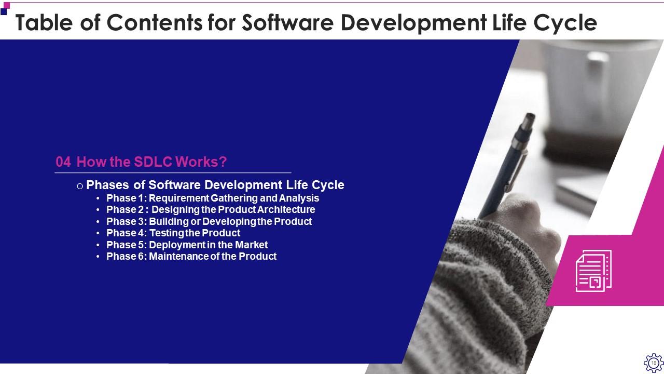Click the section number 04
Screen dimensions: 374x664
[x=63, y=162]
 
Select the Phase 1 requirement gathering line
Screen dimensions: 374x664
[x=213, y=198]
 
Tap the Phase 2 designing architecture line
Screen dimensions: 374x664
[x=211, y=210]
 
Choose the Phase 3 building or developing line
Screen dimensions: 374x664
[x=209, y=221]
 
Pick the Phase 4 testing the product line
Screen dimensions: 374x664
[x=173, y=233]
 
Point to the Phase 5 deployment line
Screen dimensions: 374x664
[x=187, y=245]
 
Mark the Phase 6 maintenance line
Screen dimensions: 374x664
[x=191, y=256]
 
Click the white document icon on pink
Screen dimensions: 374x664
[x=593, y=271]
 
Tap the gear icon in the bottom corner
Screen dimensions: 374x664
[x=653, y=363]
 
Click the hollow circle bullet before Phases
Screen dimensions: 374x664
[x=80, y=186]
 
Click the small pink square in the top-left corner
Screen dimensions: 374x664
[x=7, y=6]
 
